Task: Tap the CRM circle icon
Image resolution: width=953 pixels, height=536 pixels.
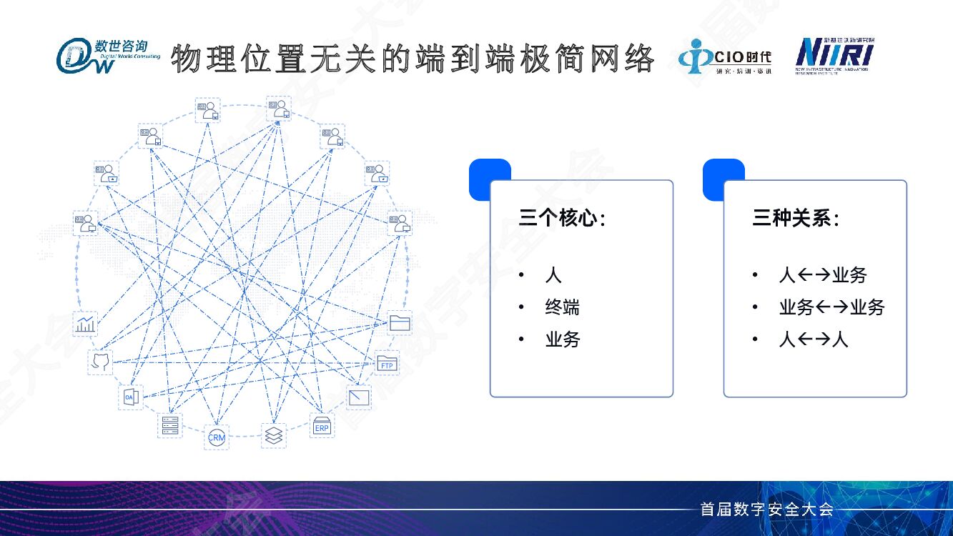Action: click(x=216, y=435)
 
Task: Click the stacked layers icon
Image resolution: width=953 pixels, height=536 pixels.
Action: click(x=273, y=434)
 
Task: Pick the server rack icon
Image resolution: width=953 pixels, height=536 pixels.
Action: click(x=169, y=425)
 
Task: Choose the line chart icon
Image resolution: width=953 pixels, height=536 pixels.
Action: click(x=86, y=324)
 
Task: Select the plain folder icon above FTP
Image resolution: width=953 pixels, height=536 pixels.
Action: click(x=399, y=323)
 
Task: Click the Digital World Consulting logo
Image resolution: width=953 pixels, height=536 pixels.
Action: click(x=108, y=56)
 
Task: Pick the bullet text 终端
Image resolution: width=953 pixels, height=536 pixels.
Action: click(x=562, y=308)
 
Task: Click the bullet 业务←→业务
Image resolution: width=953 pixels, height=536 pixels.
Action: click(x=831, y=308)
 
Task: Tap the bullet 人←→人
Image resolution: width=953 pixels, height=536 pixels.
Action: click(x=814, y=339)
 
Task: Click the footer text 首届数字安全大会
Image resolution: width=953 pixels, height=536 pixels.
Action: click(x=766, y=510)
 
